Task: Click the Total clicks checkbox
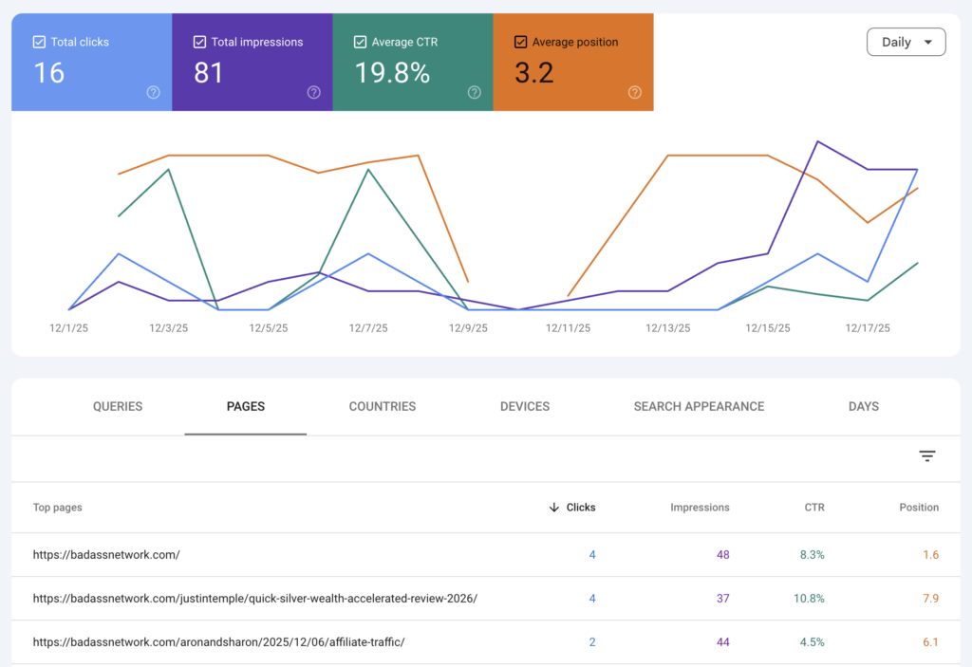tap(39, 42)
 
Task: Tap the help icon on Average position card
tap(634, 92)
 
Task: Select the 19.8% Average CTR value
tap(392, 73)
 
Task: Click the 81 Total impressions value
tap(208, 73)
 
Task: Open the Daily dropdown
tap(906, 42)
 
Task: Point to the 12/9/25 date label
tap(468, 328)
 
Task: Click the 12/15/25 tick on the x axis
tap(767, 328)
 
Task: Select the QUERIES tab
tap(118, 406)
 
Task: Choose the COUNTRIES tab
tap(382, 406)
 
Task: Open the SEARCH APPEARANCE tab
tap(699, 406)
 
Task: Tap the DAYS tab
tap(863, 406)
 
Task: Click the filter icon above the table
tap(927, 456)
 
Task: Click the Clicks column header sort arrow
tap(554, 508)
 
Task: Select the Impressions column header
tap(700, 508)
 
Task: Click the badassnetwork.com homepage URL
tap(106, 554)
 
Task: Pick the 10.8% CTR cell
tap(809, 598)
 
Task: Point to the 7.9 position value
tap(930, 598)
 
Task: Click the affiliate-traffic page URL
tap(218, 642)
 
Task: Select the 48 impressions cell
tap(722, 554)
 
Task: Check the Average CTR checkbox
tap(360, 42)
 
